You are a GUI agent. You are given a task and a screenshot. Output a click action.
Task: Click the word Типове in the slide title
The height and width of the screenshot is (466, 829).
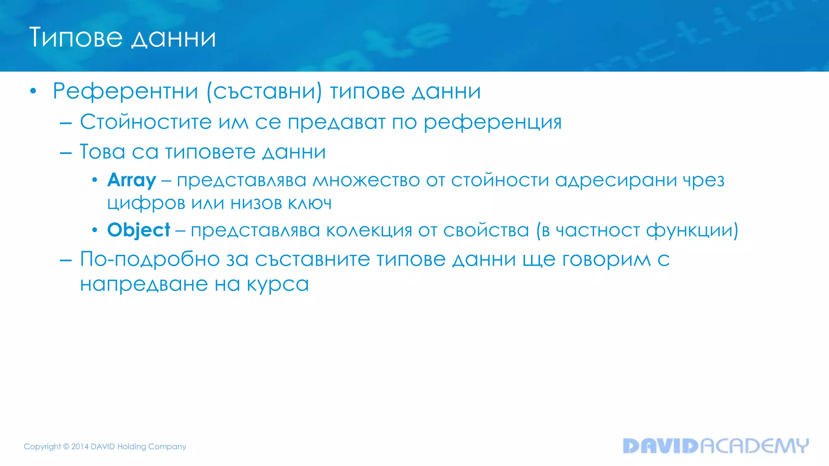coord(76,38)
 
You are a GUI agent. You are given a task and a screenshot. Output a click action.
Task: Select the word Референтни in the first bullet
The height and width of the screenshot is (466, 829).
coord(125,91)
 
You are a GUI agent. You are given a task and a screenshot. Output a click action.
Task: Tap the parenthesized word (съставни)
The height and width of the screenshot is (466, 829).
coord(264,91)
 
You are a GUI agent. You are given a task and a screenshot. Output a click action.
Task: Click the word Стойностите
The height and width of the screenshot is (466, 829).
coord(146,122)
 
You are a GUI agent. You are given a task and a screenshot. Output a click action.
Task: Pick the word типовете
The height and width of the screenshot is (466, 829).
coord(210,152)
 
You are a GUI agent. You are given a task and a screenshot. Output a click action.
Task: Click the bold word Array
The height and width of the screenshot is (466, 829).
coord(132,180)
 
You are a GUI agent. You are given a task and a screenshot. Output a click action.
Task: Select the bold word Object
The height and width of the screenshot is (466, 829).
coord(138,230)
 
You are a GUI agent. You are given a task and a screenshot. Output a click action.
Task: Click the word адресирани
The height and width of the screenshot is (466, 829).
coord(616,180)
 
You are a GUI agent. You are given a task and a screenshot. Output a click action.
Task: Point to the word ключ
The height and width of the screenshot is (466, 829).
coord(310,203)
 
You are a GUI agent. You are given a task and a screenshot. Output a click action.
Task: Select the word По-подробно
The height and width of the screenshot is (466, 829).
coord(150,259)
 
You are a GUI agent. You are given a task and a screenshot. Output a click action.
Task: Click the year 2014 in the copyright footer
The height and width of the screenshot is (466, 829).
coord(80,447)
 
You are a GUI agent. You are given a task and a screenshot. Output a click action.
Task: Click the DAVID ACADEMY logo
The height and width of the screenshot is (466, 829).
coord(716,446)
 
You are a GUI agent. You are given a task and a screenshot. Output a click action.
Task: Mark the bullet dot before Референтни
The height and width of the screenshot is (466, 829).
coord(33,91)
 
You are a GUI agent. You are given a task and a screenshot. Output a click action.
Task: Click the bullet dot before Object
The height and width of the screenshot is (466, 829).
coord(95,230)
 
